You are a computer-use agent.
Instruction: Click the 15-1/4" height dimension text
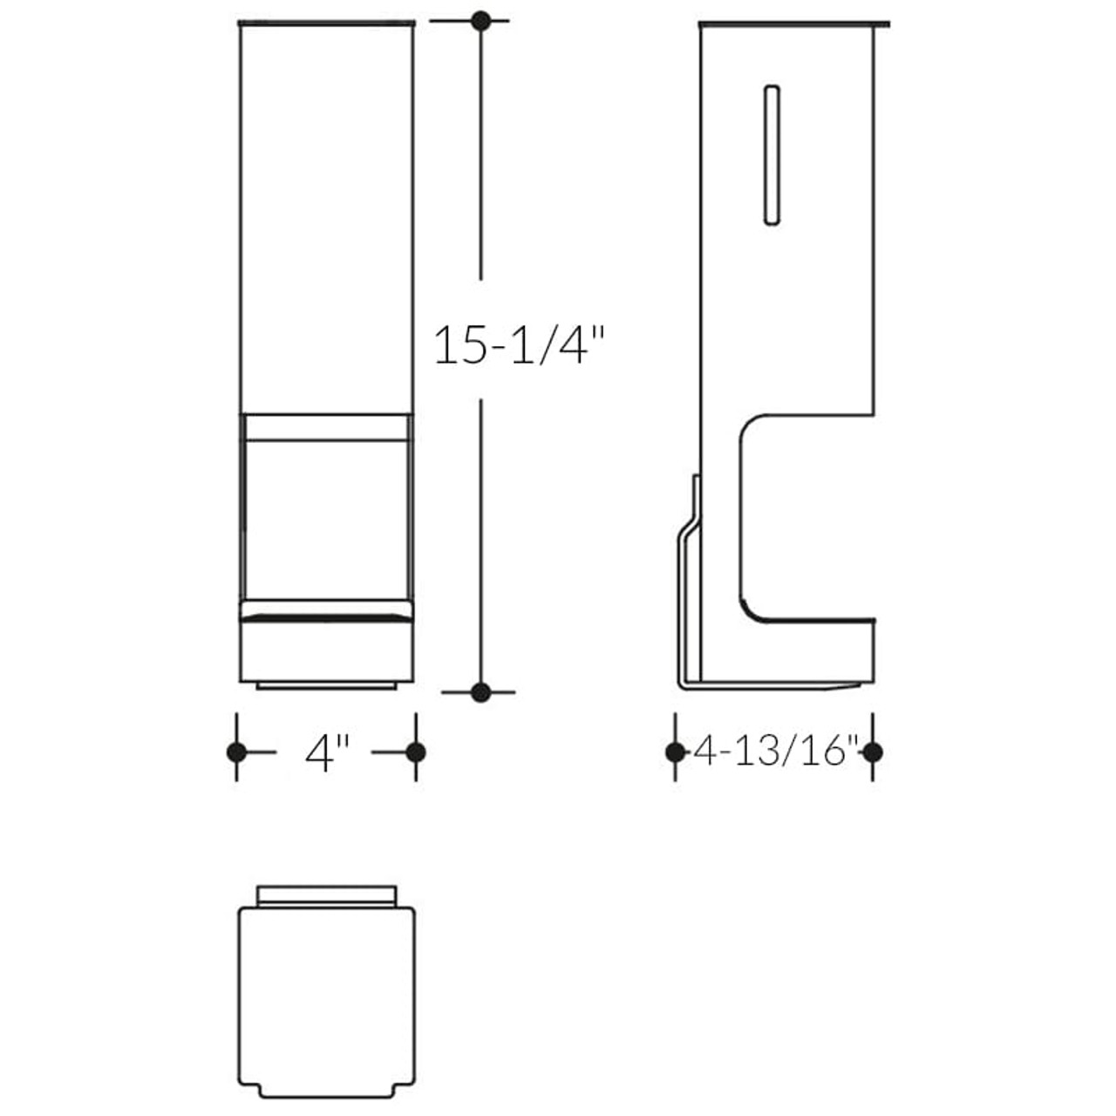pos(519,345)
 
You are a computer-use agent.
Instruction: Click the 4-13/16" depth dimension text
pos(775,751)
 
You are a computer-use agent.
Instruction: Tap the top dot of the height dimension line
pos(480,21)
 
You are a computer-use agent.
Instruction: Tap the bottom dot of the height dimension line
pos(480,692)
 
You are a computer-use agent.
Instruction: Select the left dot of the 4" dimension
pos(236,752)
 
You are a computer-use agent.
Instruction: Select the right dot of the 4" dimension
pos(416,752)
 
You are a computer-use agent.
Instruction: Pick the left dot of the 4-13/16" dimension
pos(675,752)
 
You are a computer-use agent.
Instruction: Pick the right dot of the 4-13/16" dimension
pos(874,752)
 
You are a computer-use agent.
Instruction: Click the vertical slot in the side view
pos(771,155)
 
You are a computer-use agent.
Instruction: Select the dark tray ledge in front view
pos(326,616)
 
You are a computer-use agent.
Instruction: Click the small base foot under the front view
pos(326,686)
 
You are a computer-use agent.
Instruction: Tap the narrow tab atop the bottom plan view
pos(327,895)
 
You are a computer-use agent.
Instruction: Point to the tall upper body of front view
pos(326,218)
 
